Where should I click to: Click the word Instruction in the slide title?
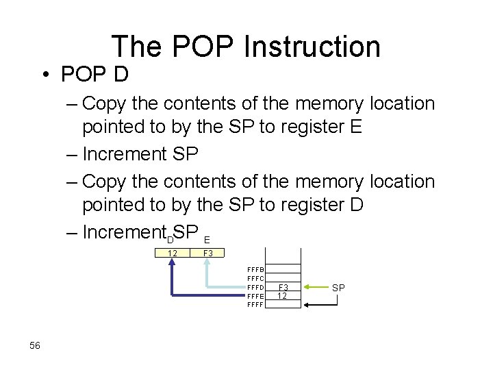[312, 47]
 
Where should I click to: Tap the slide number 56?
[35, 346]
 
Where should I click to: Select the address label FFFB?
[255, 271]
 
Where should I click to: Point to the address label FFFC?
[255, 279]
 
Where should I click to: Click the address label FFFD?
[255, 287]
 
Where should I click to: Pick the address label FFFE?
[255, 296]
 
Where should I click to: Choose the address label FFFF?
[255, 304]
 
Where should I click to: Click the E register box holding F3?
[208, 254]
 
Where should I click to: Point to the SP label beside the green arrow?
[338, 288]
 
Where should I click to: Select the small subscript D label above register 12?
[170, 238]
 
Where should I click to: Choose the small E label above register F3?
[207, 240]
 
